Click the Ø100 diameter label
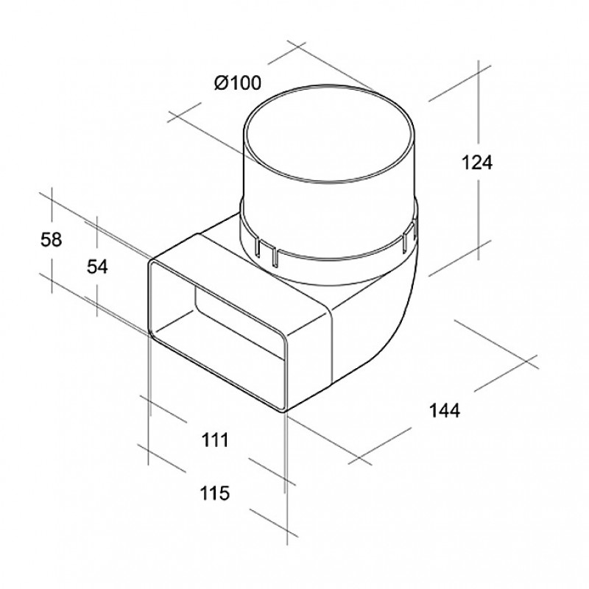pos(237,82)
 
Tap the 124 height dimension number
pos(476,163)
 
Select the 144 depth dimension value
pos(445,410)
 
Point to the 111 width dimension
pos(215,440)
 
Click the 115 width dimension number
pos(214,493)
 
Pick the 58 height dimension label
pos(51,240)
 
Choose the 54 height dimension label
pos(97,267)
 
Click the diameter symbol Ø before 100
pos(221,82)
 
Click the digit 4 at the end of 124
pos(487,163)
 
